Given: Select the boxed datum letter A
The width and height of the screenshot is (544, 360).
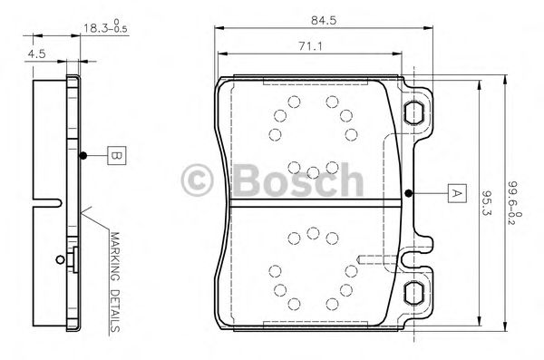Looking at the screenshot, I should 456,192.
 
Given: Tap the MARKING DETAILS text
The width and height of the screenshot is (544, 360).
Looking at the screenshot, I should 115,282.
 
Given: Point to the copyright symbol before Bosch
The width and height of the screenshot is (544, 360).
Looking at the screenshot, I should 199,179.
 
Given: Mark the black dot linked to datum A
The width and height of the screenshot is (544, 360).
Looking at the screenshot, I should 410,192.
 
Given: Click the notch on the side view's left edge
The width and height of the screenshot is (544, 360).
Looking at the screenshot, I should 38,199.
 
